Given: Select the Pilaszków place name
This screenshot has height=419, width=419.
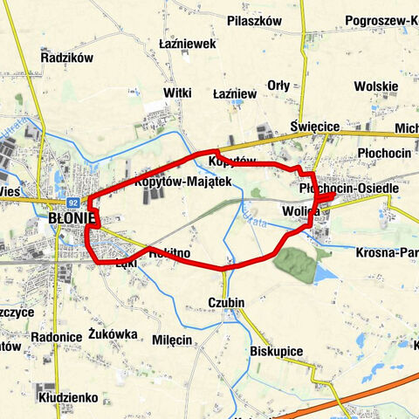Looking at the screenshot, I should [x=254, y=20].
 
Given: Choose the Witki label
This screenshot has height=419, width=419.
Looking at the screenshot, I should [x=177, y=92].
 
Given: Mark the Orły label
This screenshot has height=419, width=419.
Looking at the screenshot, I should [x=278, y=85].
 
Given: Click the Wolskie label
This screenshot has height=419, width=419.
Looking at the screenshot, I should [x=376, y=87].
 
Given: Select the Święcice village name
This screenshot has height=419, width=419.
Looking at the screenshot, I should [x=315, y=127].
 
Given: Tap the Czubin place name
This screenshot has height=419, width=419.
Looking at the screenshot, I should [x=226, y=303].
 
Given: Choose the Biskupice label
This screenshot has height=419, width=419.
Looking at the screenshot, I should [x=276, y=351].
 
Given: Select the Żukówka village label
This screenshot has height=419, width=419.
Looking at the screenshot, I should [x=113, y=333].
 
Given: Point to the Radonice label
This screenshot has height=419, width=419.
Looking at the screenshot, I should [x=56, y=337].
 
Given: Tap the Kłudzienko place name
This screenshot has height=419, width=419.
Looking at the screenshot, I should [x=66, y=397].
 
